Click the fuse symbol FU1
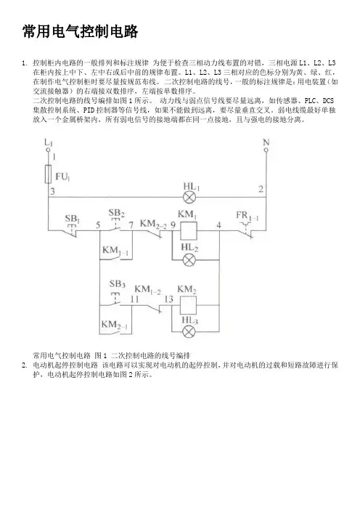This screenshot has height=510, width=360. pyautogui.click(x=48, y=174)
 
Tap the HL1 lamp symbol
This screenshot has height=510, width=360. pyautogui.click(x=189, y=197)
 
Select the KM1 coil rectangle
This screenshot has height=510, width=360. pyautogui.click(x=189, y=230)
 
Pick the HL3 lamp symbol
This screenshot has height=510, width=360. pyautogui.click(x=189, y=332)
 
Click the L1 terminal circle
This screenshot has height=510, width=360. pyautogui.click(x=48, y=150)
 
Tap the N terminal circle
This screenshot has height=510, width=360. pyautogui.click(x=266, y=150)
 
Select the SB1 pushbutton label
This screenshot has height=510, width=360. pyautogui.click(x=72, y=219)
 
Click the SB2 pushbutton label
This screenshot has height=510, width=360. pyautogui.click(x=117, y=213)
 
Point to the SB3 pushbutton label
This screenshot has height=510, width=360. pyautogui.click(x=117, y=284)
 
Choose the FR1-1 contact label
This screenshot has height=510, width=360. pyautogui.click(x=247, y=216)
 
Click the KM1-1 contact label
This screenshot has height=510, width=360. pyautogui.click(x=115, y=251)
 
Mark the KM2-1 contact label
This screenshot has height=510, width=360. pyautogui.click(x=115, y=325)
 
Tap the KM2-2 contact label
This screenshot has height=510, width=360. pyautogui.click(x=153, y=224)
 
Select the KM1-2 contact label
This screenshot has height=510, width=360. pyautogui.click(x=147, y=289)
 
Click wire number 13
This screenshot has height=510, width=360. pyautogui.click(x=169, y=299)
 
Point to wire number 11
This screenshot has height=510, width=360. pyautogui.click(x=134, y=299)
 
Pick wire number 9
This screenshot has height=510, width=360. pyautogui.click(x=173, y=225)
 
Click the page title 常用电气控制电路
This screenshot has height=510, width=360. pyautogui.click(x=81, y=31)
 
